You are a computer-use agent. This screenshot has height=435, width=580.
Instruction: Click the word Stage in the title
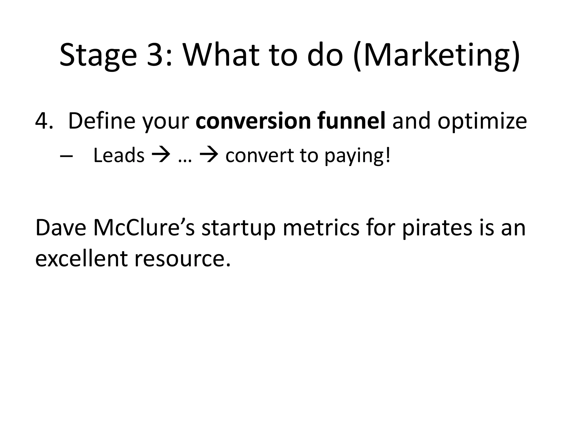coord(98,55)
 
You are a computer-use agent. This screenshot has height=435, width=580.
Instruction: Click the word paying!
coord(357,157)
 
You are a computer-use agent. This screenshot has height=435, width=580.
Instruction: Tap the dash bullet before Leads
coord(66,157)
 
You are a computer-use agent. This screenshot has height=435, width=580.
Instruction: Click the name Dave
coord(61,228)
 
